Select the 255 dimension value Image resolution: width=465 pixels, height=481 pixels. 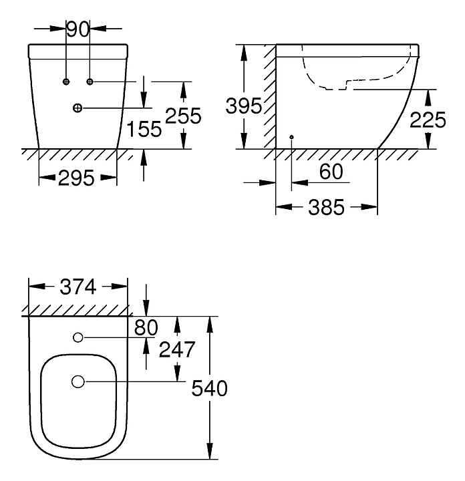point(183,116)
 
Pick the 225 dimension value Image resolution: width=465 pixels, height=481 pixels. point(427,120)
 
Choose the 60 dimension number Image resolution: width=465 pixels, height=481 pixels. point(331,172)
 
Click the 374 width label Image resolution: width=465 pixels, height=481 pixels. point(78,287)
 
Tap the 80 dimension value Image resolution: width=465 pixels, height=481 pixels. point(146,327)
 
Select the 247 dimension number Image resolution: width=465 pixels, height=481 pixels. point(177,349)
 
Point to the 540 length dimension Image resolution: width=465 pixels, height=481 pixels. point(210,388)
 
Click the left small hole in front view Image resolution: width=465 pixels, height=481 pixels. point(66,82)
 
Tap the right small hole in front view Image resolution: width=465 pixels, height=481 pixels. point(90,82)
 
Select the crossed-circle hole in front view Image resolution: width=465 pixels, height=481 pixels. point(77,108)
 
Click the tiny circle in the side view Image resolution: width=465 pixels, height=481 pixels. point(292,137)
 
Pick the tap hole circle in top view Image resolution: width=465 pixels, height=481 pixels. point(77,337)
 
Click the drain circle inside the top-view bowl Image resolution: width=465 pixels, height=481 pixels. point(77,381)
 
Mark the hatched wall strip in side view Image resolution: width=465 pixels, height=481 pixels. point(269,97)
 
